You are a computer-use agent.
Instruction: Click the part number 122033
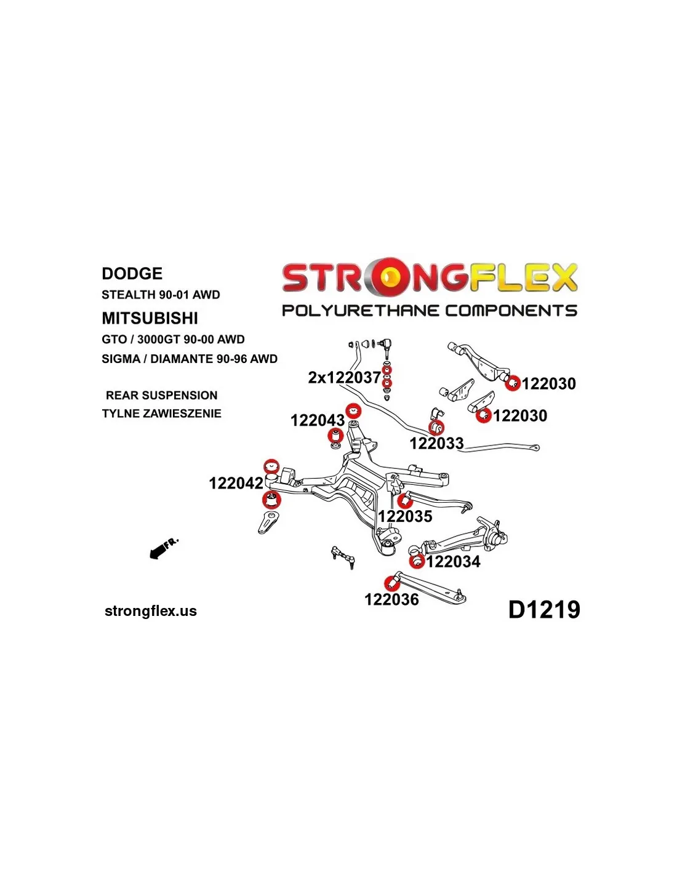click(436, 443)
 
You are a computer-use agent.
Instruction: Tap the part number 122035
click(405, 516)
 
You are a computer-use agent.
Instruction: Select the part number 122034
click(453, 561)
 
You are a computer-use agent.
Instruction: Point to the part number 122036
click(391, 599)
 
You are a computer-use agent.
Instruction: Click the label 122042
click(236, 483)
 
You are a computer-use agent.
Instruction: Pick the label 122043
click(318, 420)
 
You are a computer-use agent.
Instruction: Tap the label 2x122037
click(344, 378)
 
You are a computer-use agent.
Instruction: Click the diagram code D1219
click(544, 610)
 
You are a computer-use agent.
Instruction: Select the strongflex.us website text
click(151, 611)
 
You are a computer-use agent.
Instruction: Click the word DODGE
click(132, 273)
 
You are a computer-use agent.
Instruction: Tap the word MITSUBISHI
click(150, 318)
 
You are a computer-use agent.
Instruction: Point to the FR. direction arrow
click(164, 548)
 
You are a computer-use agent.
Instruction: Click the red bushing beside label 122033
click(436, 427)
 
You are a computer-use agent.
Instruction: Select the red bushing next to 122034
click(417, 561)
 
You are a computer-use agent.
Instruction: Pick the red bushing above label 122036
click(390, 582)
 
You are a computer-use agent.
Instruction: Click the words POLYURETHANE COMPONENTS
click(430, 311)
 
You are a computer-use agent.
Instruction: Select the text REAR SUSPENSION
click(161, 395)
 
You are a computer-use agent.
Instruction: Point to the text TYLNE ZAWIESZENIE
click(161, 414)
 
